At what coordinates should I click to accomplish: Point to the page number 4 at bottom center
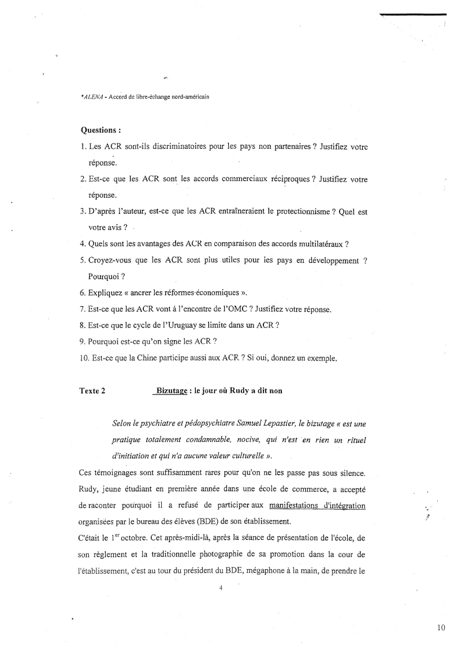(x=221, y=589)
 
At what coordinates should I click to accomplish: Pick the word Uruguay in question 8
(x=181, y=325)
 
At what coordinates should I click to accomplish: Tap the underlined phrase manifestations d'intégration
(x=317, y=507)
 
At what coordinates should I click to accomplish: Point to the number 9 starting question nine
(x=83, y=341)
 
